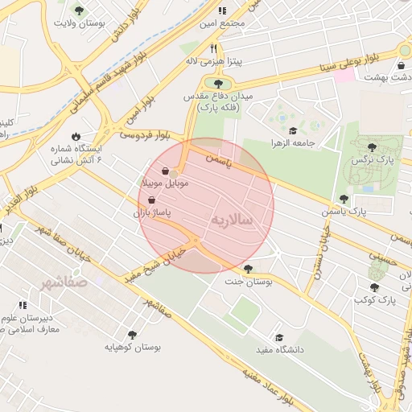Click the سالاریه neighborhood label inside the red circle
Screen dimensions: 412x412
pyautogui.click(x=233, y=219)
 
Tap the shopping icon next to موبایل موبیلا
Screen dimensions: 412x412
pyautogui.click(x=166, y=171)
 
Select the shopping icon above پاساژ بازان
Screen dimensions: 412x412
pyautogui.click(x=152, y=201)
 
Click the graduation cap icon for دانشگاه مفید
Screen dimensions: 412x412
pyautogui.click(x=279, y=337)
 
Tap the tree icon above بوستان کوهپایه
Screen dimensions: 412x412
pyautogui.click(x=132, y=334)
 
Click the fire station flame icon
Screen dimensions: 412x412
pyautogui.click(x=76, y=136)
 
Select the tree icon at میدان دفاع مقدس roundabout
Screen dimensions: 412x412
pyautogui.click(x=218, y=83)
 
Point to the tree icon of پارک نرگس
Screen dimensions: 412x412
pyautogui.click(x=371, y=147)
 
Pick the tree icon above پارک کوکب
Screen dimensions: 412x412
pyautogui.click(x=374, y=286)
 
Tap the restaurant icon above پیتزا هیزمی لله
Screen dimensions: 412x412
pyautogui.click(x=212, y=48)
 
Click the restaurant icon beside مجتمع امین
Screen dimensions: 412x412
pyautogui.click(x=222, y=10)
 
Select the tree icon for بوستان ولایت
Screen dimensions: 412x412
pyautogui.click(x=79, y=10)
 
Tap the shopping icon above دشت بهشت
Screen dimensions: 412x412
pyautogui.click(x=402, y=65)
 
